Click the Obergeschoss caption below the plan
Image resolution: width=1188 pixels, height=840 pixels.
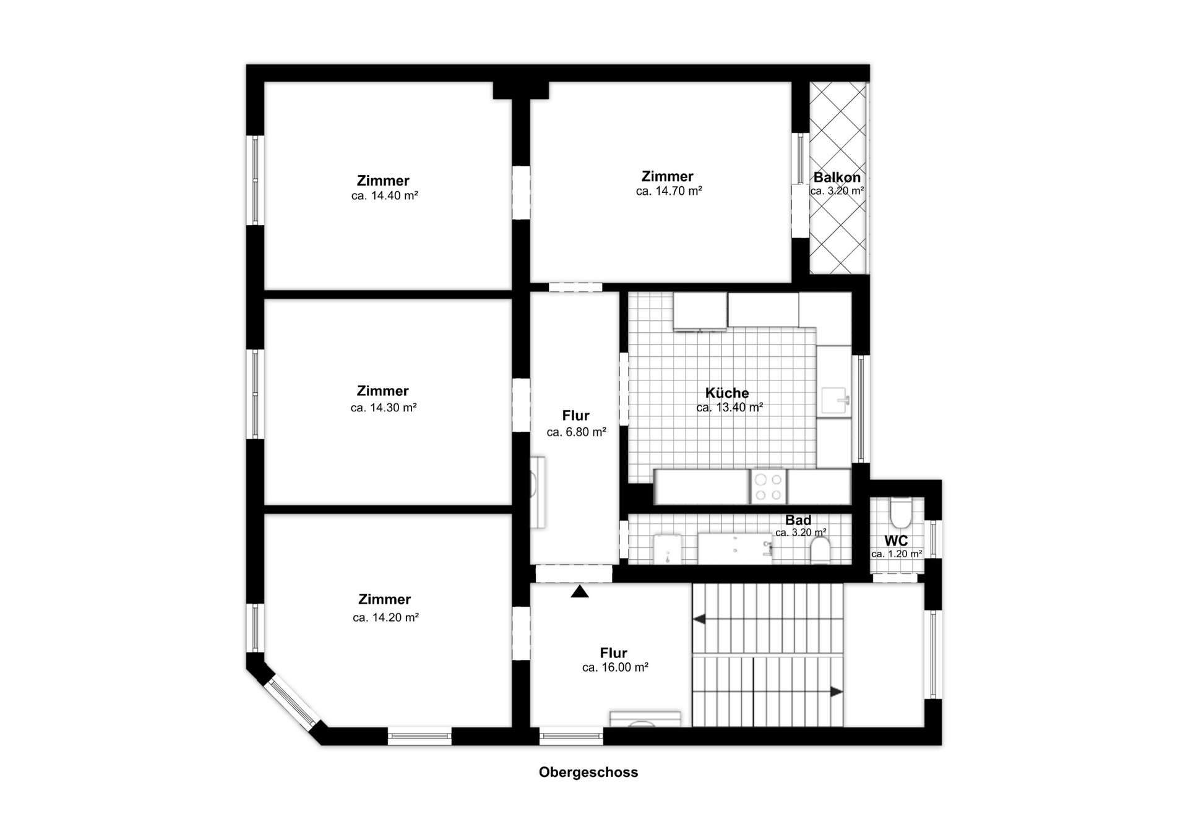click(x=588, y=772)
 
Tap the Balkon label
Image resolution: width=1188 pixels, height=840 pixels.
click(x=837, y=178)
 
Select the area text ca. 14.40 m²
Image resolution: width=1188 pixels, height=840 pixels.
click(x=384, y=196)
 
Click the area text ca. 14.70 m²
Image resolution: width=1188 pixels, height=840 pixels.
click(x=668, y=192)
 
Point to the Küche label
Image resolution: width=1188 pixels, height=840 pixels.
click(x=727, y=393)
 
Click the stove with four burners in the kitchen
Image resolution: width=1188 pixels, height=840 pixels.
click(x=768, y=487)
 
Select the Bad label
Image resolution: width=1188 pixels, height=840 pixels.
click(x=798, y=520)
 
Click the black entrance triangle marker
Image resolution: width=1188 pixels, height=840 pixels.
click(x=580, y=591)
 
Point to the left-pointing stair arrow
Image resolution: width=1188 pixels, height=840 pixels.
click(x=699, y=619)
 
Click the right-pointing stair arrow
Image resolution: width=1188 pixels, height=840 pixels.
click(x=836, y=692)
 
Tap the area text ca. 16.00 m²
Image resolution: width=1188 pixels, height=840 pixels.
click(x=615, y=668)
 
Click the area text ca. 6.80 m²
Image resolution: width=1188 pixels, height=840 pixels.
click(x=576, y=432)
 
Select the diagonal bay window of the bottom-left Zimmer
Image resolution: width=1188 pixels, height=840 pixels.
click(x=293, y=703)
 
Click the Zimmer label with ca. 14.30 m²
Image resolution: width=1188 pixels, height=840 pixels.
click(x=382, y=391)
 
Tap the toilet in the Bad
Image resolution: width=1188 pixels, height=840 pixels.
click(x=820, y=549)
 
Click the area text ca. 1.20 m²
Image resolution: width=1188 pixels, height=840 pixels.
click(x=897, y=554)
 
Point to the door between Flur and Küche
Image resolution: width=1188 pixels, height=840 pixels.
click(x=624, y=388)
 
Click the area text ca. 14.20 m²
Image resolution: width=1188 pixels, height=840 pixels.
click(x=385, y=617)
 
